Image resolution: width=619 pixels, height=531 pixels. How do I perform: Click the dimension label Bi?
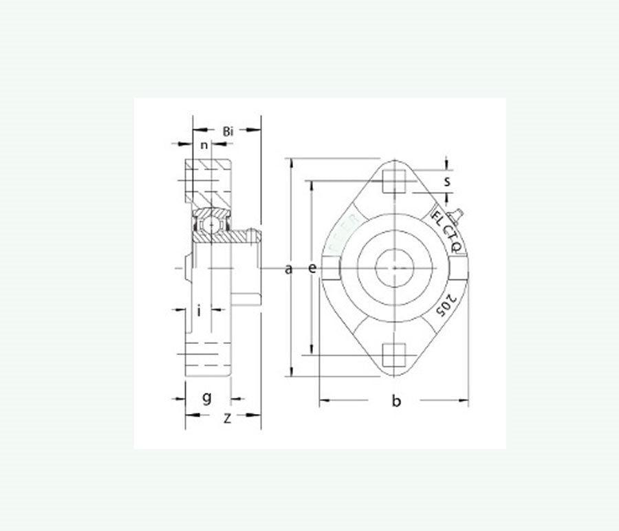[x=228, y=131]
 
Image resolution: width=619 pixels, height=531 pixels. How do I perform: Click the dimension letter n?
[x=204, y=145]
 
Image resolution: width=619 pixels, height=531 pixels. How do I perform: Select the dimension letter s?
[x=446, y=182]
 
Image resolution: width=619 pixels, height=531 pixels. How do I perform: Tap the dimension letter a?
[x=289, y=268]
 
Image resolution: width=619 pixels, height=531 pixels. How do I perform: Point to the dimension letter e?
[x=312, y=268]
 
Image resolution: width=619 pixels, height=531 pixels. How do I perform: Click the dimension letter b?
[x=396, y=401]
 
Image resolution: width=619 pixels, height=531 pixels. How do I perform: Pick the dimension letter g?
[x=206, y=398]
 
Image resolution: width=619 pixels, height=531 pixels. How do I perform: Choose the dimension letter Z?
[x=227, y=417]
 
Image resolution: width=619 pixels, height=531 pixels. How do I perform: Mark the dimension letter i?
[x=199, y=310]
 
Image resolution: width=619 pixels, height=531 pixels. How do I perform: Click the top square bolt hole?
[x=395, y=181]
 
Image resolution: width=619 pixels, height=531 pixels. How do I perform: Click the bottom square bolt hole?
[x=395, y=356]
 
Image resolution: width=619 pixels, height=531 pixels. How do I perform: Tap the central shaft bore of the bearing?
[x=395, y=268]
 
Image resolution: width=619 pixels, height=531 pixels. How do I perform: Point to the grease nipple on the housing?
[x=455, y=215]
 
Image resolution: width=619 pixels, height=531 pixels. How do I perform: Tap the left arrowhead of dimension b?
[x=324, y=400]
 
